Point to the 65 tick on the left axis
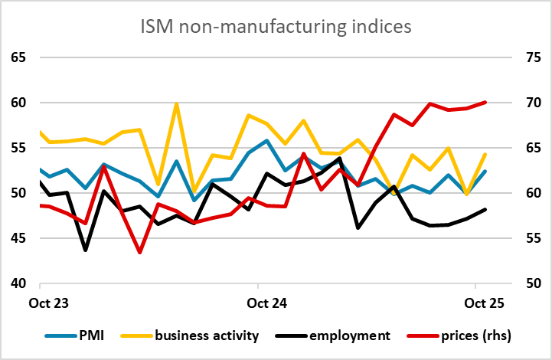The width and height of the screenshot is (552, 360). click(18, 57)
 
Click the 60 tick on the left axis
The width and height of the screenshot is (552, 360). click(18, 103)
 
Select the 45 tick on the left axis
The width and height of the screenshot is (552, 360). click(18, 238)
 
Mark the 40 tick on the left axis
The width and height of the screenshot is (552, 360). click(18, 283)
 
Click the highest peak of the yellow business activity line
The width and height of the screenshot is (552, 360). click(177, 104)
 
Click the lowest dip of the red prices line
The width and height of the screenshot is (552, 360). click(139, 252)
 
